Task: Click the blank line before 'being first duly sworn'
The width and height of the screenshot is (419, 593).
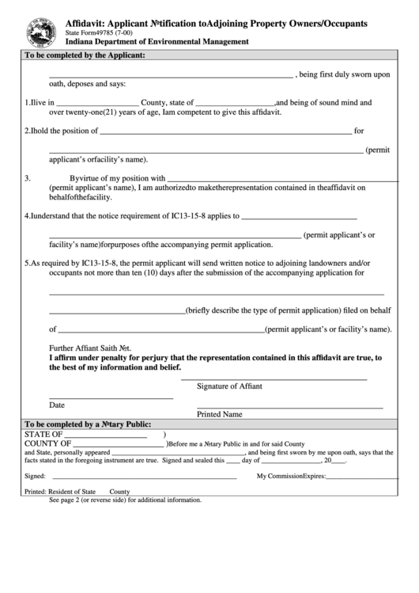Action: coord(171,77)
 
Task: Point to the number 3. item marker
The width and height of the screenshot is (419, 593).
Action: coord(28,178)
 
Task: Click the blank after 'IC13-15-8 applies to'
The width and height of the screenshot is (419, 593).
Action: coord(298,217)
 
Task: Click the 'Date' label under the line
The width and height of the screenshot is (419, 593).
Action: coord(57,405)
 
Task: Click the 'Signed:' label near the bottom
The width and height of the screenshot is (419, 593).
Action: coord(35,477)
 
